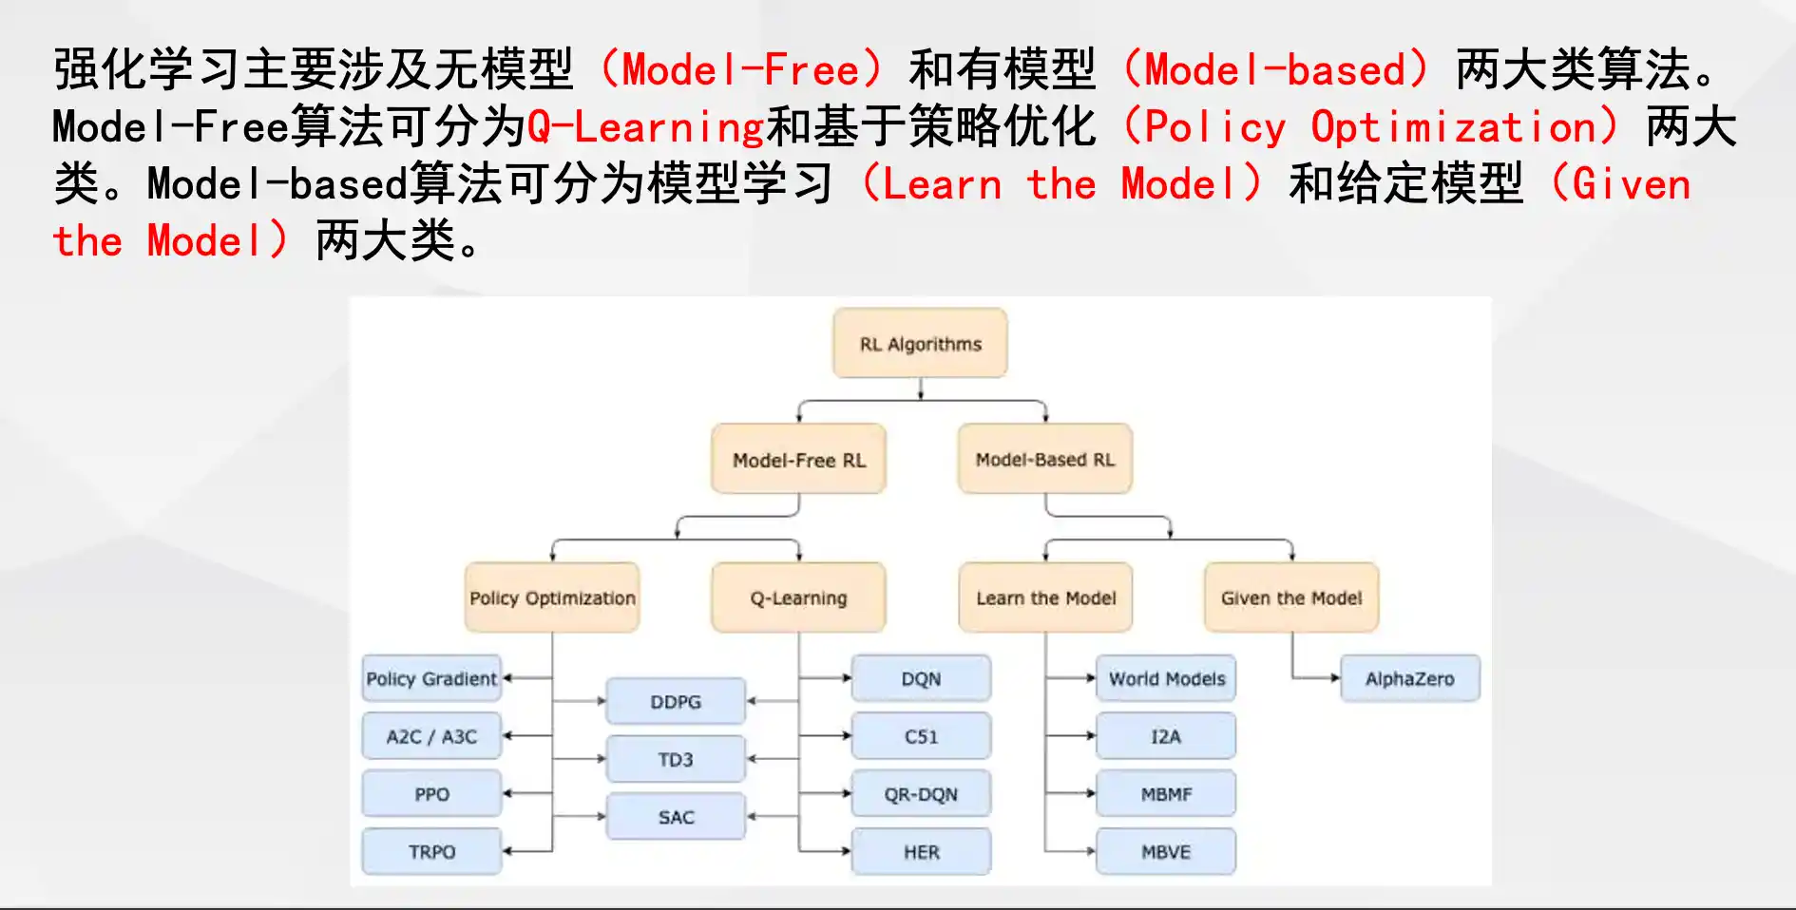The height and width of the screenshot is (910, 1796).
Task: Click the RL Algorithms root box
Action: [920, 343]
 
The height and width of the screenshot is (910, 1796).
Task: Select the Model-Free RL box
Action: [799, 459]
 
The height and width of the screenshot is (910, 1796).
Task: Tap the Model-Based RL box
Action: [1045, 459]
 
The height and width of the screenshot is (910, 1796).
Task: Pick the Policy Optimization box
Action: [552, 597]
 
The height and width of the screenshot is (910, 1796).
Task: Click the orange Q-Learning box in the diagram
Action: [798, 597]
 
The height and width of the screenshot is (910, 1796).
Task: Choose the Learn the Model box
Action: [1045, 597]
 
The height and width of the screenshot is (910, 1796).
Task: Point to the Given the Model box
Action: [1291, 597]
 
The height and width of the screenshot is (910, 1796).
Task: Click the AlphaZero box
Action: [1410, 678]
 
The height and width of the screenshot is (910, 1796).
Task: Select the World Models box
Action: [1166, 678]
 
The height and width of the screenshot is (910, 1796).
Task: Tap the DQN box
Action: [921, 678]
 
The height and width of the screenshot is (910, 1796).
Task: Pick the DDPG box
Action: [676, 701]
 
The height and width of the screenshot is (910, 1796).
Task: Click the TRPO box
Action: [431, 851]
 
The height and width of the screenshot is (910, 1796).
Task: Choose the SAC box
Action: [676, 816]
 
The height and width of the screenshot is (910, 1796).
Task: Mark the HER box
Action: [921, 851]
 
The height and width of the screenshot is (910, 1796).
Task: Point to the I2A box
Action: [1166, 736]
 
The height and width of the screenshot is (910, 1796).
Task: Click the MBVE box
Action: [1166, 851]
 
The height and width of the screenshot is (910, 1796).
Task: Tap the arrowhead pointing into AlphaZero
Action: [1335, 678]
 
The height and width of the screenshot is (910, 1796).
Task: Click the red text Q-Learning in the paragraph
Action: [646, 127]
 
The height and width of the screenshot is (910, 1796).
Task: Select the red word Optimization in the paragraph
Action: [1453, 127]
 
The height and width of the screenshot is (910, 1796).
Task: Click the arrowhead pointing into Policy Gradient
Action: [507, 678]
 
